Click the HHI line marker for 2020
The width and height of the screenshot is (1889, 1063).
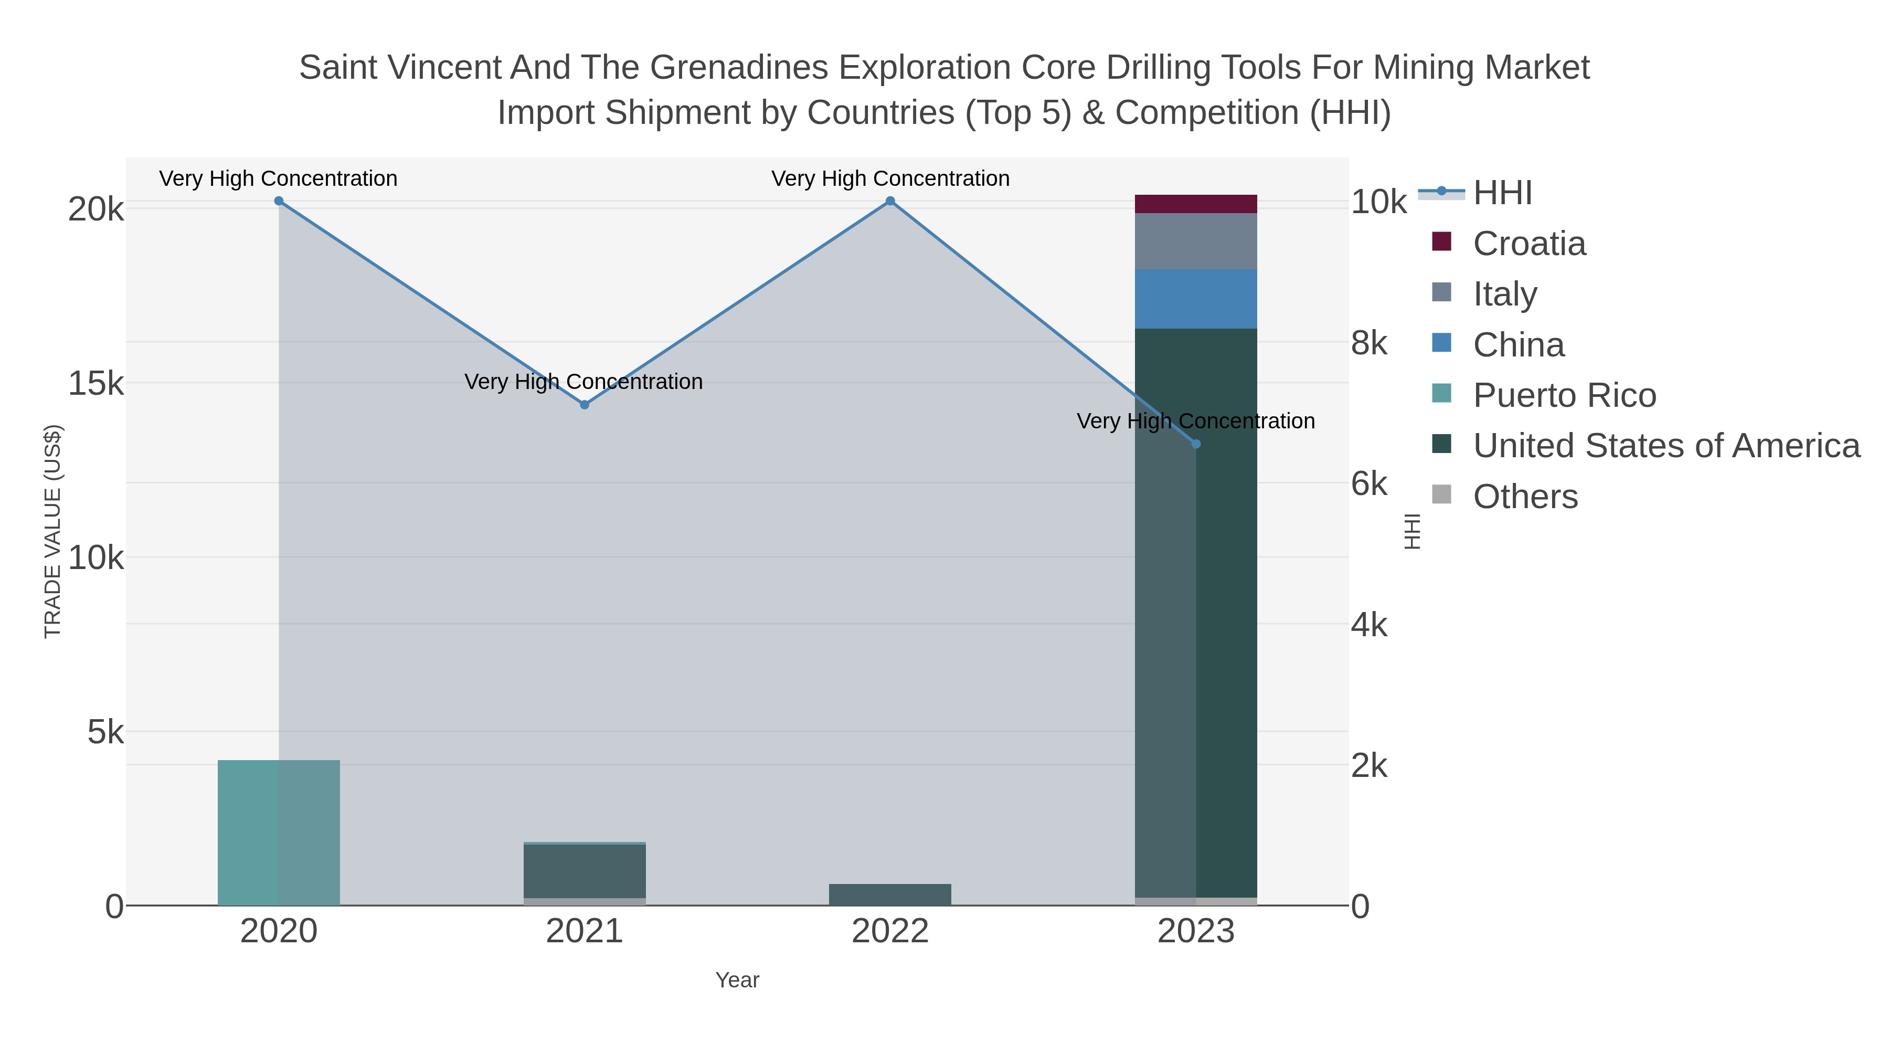(279, 201)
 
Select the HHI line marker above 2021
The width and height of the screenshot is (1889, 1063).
(585, 405)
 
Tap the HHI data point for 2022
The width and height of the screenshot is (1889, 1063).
(890, 201)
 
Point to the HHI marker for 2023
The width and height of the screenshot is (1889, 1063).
(1196, 444)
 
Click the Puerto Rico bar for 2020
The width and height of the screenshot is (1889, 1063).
(279, 833)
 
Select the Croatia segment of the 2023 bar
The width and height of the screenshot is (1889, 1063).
(1196, 204)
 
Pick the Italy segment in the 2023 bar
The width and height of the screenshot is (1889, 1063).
(1196, 241)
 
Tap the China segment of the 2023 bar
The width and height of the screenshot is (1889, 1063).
(1196, 299)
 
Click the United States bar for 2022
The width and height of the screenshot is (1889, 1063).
(890, 894)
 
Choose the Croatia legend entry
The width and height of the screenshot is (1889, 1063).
(1529, 244)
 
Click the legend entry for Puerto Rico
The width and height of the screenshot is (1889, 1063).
(1564, 395)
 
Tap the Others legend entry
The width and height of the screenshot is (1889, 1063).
(1525, 497)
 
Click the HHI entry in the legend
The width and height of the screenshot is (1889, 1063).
(1503, 193)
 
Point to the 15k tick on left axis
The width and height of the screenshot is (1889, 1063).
(96, 384)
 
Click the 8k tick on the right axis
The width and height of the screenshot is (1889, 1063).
(1369, 343)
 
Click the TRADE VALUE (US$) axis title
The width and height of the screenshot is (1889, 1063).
(53, 531)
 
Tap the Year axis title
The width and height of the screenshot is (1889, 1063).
(737, 980)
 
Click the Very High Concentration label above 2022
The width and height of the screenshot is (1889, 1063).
(890, 178)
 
